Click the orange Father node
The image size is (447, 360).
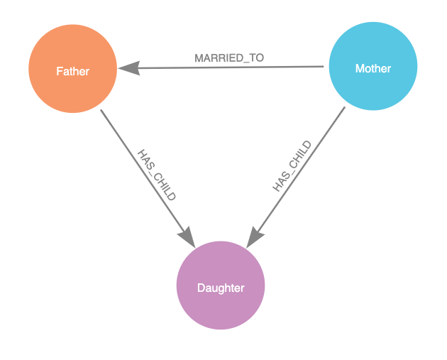72,69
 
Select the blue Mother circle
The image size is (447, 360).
373,66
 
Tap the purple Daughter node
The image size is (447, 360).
221,285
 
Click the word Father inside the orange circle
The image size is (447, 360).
72,71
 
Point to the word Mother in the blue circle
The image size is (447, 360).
373,68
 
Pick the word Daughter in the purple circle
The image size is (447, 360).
221,288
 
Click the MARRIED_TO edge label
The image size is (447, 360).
229,58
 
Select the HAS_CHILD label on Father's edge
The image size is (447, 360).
157,175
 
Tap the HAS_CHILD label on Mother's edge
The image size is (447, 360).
292,166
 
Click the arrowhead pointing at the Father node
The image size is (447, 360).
129,68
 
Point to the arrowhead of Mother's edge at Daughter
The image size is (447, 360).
255,237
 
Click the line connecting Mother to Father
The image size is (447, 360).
221,67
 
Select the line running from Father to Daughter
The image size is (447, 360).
148,179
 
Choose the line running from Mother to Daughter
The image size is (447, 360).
296,178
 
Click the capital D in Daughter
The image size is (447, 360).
201,288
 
